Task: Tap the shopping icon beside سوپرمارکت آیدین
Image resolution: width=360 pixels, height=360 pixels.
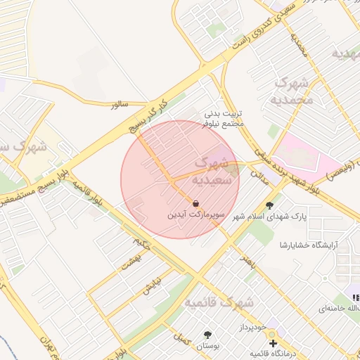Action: coord(195,203)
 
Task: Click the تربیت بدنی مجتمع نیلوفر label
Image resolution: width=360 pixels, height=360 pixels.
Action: coord(223,118)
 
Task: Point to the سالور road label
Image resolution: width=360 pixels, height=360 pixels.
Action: coord(119,104)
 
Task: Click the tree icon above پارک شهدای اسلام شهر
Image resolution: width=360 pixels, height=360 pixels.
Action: coord(270,205)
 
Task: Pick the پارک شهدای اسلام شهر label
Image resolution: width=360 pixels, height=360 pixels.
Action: coord(274,217)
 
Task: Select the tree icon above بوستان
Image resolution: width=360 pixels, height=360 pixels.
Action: coord(207,335)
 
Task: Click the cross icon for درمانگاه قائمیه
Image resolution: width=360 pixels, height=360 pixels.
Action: coord(273,344)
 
